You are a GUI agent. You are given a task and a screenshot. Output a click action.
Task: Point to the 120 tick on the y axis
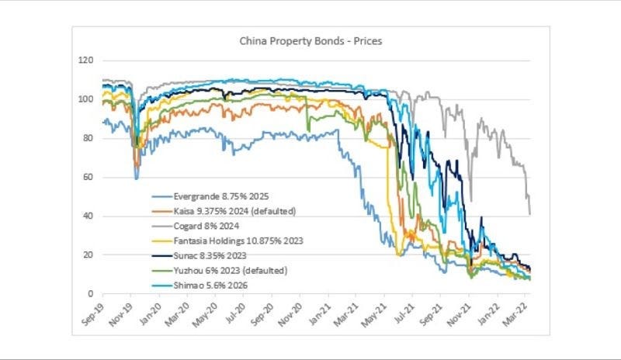point(86,61)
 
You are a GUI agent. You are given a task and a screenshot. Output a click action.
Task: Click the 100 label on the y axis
point(86,99)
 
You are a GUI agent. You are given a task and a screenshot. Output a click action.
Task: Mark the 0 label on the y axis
point(92,294)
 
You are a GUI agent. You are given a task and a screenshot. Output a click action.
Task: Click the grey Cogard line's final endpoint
point(530,213)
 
